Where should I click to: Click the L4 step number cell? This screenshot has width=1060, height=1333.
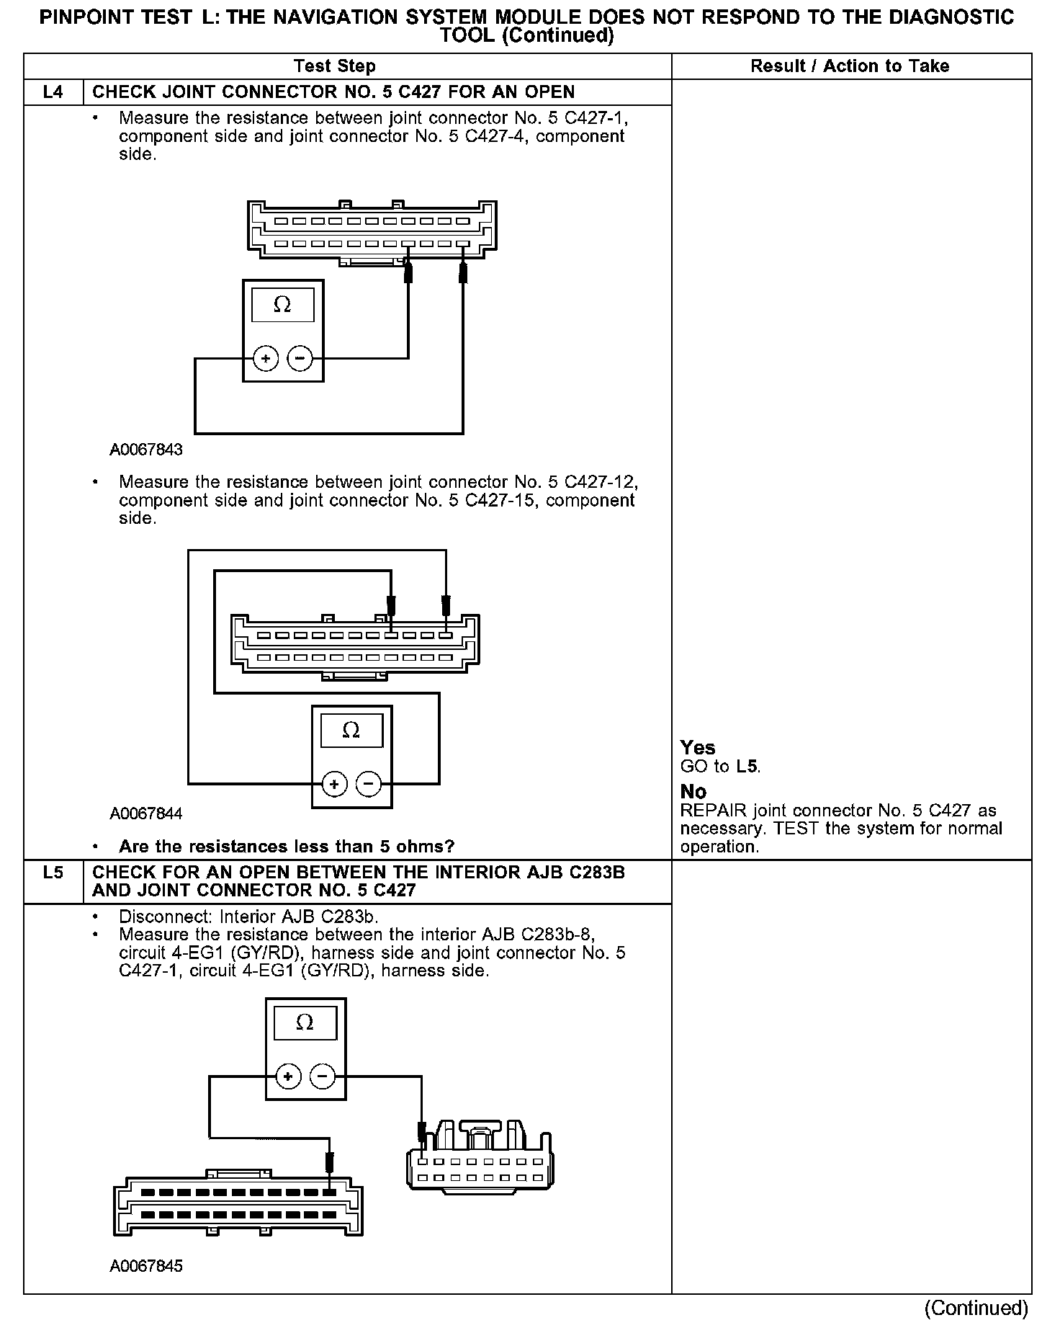pyautogui.click(x=53, y=92)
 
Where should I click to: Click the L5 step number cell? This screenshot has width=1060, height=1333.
pyautogui.click(x=53, y=873)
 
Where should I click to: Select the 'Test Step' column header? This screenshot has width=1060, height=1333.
pyautogui.click(x=335, y=66)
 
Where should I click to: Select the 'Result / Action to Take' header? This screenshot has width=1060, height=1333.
pyautogui.click(x=850, y=66)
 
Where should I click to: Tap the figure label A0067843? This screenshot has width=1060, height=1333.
pyautogui.click(x=146, y=450)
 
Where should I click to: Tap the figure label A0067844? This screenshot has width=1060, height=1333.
pyautogui.click(x=146, y=813)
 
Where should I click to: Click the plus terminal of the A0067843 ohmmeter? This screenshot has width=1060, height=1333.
pyautogui.click(x=266, y=358)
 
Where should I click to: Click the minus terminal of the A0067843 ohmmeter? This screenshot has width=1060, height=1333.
pyautogui.click(x=300, y=358)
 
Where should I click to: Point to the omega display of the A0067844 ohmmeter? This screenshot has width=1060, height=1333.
pyautogui.click(x=351, y=731)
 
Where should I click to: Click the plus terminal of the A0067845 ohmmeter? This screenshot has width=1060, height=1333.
pyautogui.click(x=288, y=1076)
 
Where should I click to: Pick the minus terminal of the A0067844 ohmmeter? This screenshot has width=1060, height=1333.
pyautogui.click(x=369, y=783)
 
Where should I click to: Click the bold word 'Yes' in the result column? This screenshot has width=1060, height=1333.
pyautogui.click(x=698, y=748)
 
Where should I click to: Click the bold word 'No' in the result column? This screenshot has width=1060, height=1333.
pyautogui.click(x=693, y=792)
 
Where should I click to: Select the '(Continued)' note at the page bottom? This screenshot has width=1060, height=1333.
pyautogui.click(x=976, y=1308)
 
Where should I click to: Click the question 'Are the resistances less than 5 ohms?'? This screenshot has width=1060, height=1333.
pyautogui.click(x=287, y=846)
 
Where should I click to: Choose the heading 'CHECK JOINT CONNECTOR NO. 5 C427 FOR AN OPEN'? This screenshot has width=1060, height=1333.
pyautogui.click(x=333, y=92)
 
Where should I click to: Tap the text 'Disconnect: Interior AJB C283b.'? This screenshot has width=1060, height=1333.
pyautogui.click(x=248, y=917)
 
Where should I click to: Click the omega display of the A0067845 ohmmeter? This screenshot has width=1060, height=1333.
pyautogui.click(x=305, y=1023)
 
